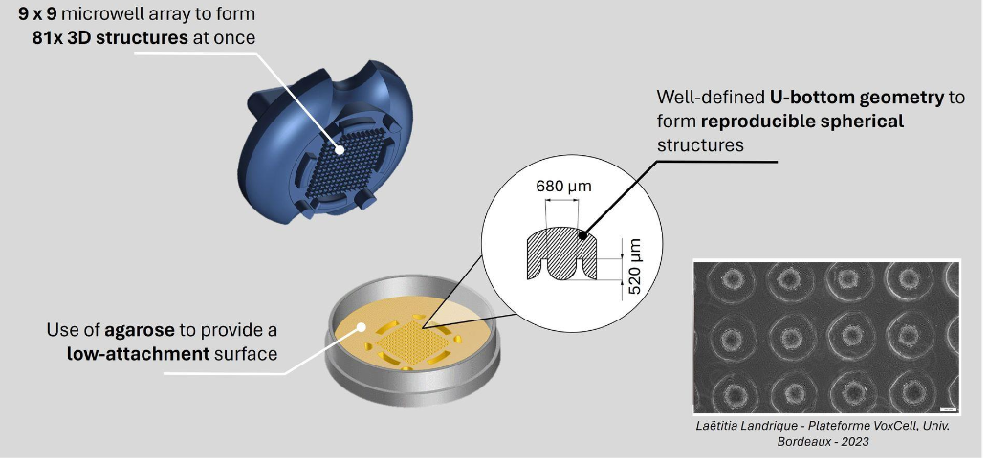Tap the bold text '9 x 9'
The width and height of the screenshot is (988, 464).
coord(39,16)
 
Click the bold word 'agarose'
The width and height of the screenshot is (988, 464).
coord(141,331)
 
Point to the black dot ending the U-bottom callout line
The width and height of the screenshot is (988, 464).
coord(582,233)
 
